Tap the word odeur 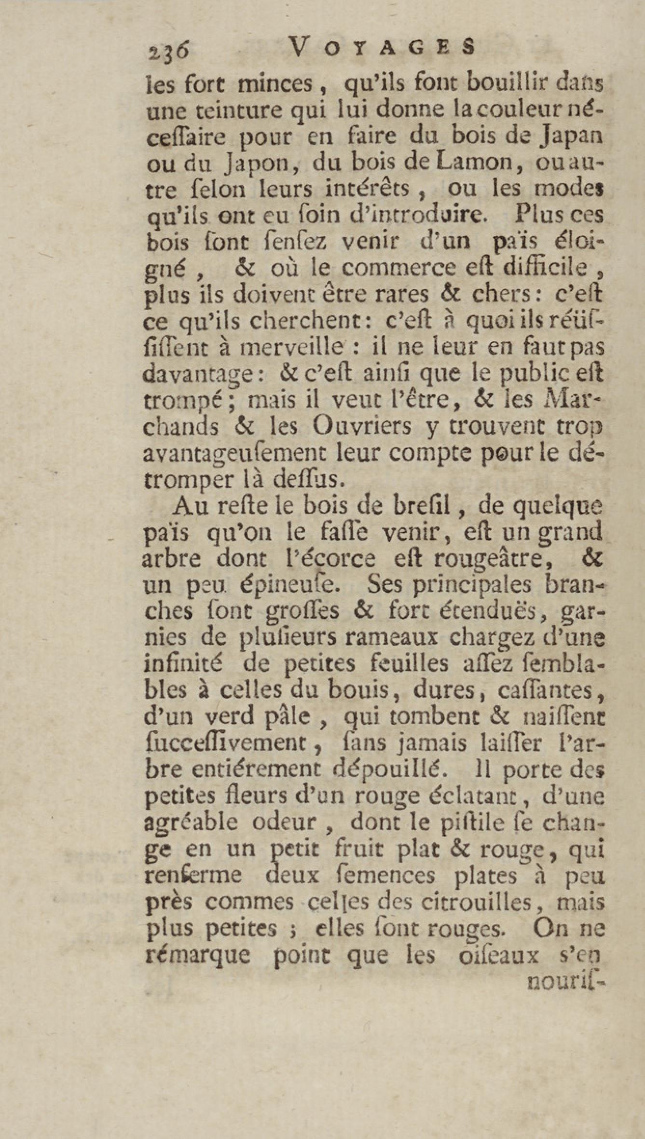click(x=284, y=823)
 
